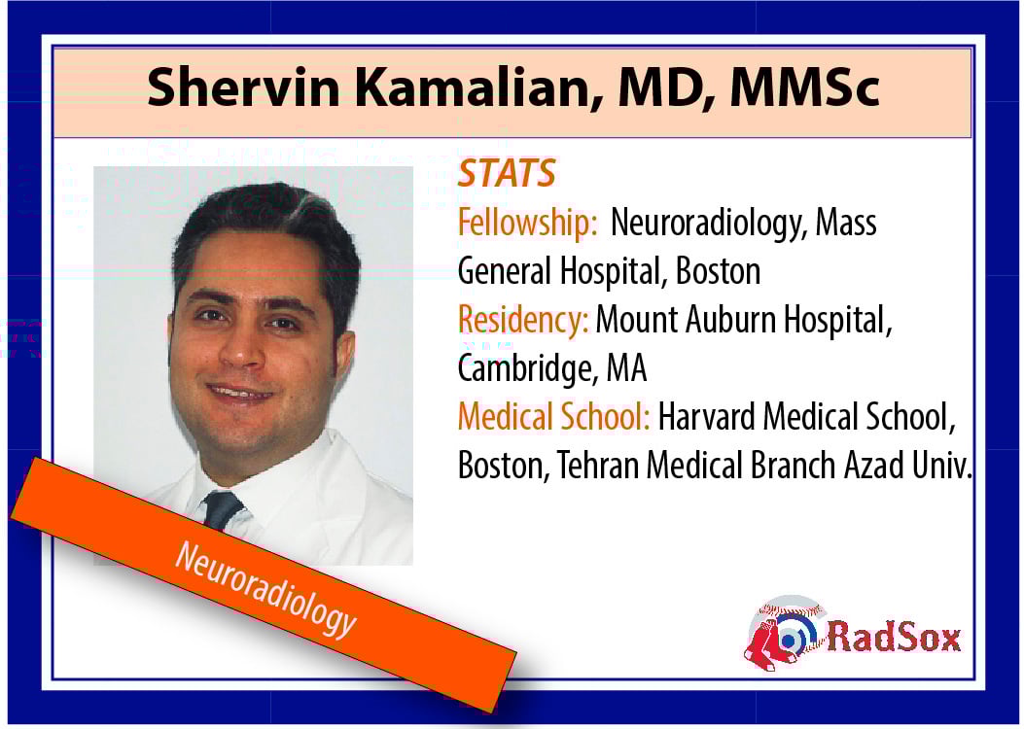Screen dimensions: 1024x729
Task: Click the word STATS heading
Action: click(506, 173)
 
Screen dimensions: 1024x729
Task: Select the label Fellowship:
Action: click(528, 223)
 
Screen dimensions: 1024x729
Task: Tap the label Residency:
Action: click(523, 321)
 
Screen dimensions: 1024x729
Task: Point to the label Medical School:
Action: click(553, 416)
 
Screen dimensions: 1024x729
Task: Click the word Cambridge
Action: click(526, 368)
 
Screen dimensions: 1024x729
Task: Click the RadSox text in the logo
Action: click(894, 637)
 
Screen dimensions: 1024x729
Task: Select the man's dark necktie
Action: click(222, 509)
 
